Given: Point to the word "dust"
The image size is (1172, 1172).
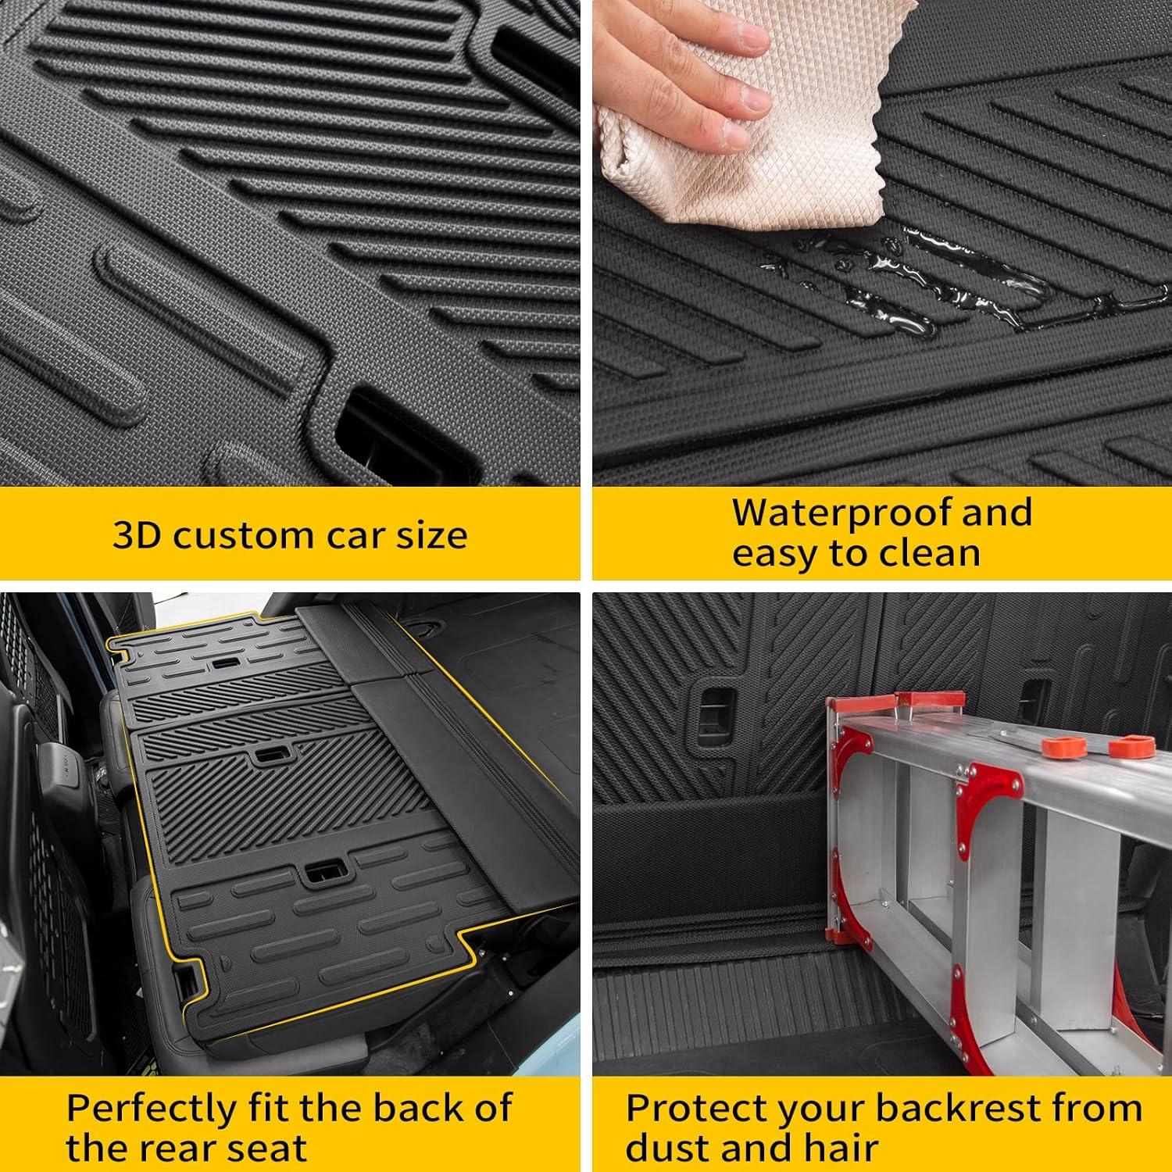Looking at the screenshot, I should pos(674,1149).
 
